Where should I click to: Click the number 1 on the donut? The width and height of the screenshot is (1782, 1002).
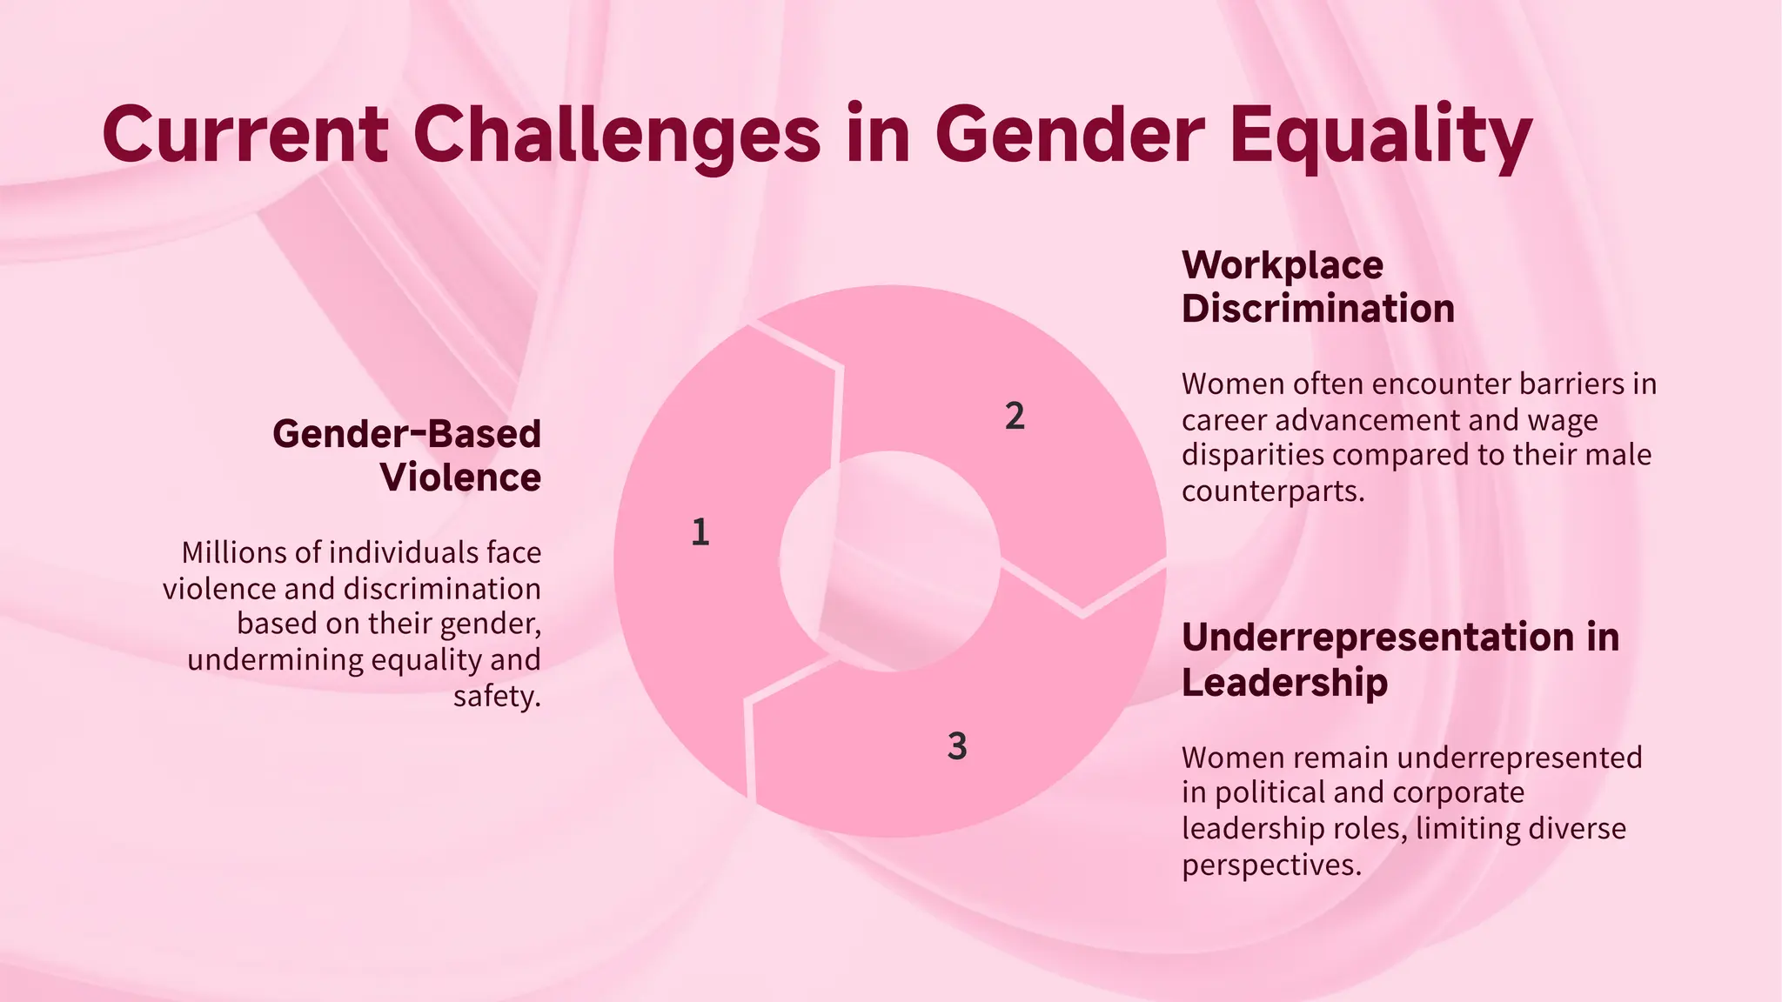[700, 532]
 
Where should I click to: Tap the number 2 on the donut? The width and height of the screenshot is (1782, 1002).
[1015, 417]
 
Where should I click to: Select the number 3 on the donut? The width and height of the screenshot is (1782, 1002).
[957, 746]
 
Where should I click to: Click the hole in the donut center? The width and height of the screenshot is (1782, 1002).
[889, 561]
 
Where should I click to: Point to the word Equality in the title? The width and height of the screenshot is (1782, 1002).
[1381, 136]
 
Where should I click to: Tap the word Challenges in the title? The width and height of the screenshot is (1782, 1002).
[616, 136]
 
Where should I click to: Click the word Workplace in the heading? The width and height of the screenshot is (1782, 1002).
[1282, 265]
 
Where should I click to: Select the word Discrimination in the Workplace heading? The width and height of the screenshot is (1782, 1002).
[1317, 309]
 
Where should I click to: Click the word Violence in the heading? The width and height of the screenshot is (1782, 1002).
[460, 478]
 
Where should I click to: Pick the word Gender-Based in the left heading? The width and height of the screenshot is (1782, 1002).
[406, 433]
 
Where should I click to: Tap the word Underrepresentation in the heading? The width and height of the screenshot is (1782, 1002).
[1377, 638]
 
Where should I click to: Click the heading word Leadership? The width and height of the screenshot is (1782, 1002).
[1284, 682]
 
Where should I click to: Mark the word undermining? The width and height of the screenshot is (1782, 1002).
[275, 660]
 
